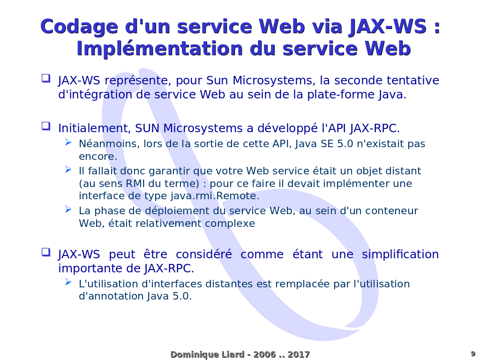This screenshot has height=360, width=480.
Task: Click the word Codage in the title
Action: pos(79,27)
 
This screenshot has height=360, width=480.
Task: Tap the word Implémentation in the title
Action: pos(160,49)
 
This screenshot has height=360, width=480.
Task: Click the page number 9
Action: pos(473,353)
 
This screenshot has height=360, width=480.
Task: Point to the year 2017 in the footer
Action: pos(299,354)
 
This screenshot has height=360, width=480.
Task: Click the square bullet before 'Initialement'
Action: pos(46,126)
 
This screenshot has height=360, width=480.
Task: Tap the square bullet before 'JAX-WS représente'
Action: pos(46,78)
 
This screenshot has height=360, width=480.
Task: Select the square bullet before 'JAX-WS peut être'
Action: pos(46,252)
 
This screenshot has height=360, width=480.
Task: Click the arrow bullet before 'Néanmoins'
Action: pos(68,142)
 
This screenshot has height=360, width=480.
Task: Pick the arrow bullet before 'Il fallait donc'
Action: pos(68,169)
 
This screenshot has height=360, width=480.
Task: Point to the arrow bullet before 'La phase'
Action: pos(68,210)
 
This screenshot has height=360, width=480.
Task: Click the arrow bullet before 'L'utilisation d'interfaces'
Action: pos(68,282)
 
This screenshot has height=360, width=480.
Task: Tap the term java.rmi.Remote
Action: pos(215,196)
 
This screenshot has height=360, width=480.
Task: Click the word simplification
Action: pos(400,255)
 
